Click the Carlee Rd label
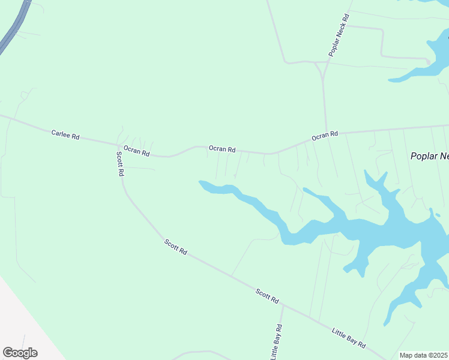pyautogui.click(x=65, y=136)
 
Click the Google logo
pyautogui.click(x=20, y=353)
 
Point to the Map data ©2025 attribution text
pyautogui.click(x=423, y=355)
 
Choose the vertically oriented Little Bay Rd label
pyautogui.click(x=277, y=343)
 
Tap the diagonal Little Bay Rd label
pyautogui.click(x=349, y=338)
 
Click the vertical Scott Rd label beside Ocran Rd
pyautogui.click(x=119, y=163)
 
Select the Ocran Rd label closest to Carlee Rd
pyautogui.click(x=136, y=151)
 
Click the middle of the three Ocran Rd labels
pyautogui.click(x=222, y=149)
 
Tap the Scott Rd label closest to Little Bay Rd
pyautogui.click(x=267, y=295)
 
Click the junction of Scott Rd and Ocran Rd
pyautogui.click(x=118, y=145)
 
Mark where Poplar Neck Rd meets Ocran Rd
pyautogui.click(x=325, y=134)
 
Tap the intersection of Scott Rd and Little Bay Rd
pyautogui.click(x=282, y=305)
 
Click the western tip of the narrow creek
pyautogui.click(x=200, y=182)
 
